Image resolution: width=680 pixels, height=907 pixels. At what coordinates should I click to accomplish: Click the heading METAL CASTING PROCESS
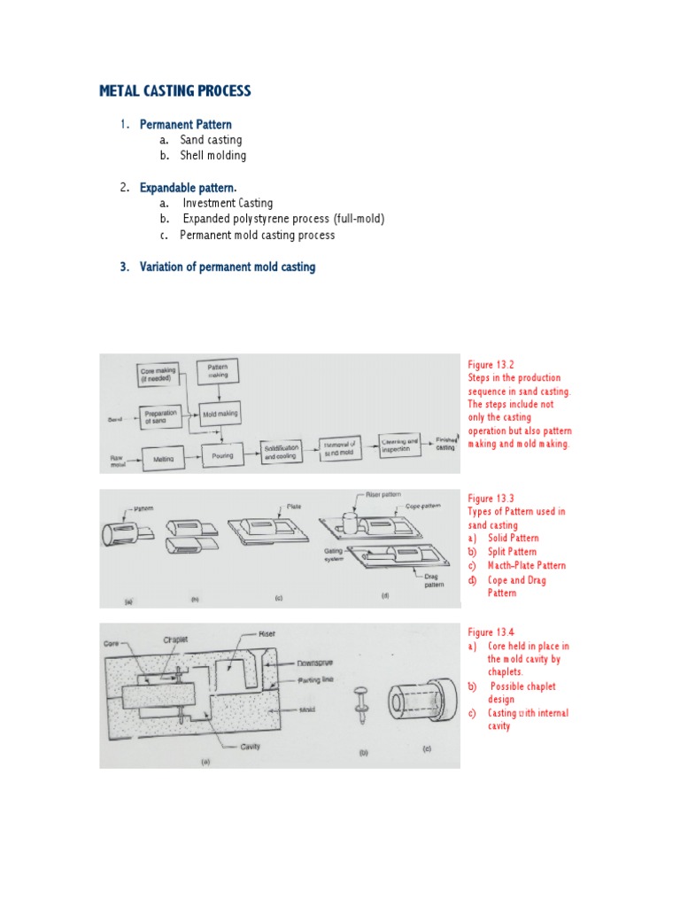(174, 91)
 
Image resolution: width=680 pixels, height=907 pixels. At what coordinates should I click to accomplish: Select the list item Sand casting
(211, 140)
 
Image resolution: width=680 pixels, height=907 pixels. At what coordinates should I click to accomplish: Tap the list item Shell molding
(213, 156)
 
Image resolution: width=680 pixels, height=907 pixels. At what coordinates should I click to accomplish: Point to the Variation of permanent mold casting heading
(228, 267)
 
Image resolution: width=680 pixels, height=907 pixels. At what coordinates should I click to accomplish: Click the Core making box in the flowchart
(159, 375)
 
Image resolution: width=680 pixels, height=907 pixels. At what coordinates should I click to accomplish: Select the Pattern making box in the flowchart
(217, 370)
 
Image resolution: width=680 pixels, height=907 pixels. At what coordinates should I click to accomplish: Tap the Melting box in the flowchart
(164, 458)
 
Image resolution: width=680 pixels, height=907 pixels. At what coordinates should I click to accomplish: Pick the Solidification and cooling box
(282, 453)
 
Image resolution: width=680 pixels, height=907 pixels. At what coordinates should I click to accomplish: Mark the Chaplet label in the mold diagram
(174, 640)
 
